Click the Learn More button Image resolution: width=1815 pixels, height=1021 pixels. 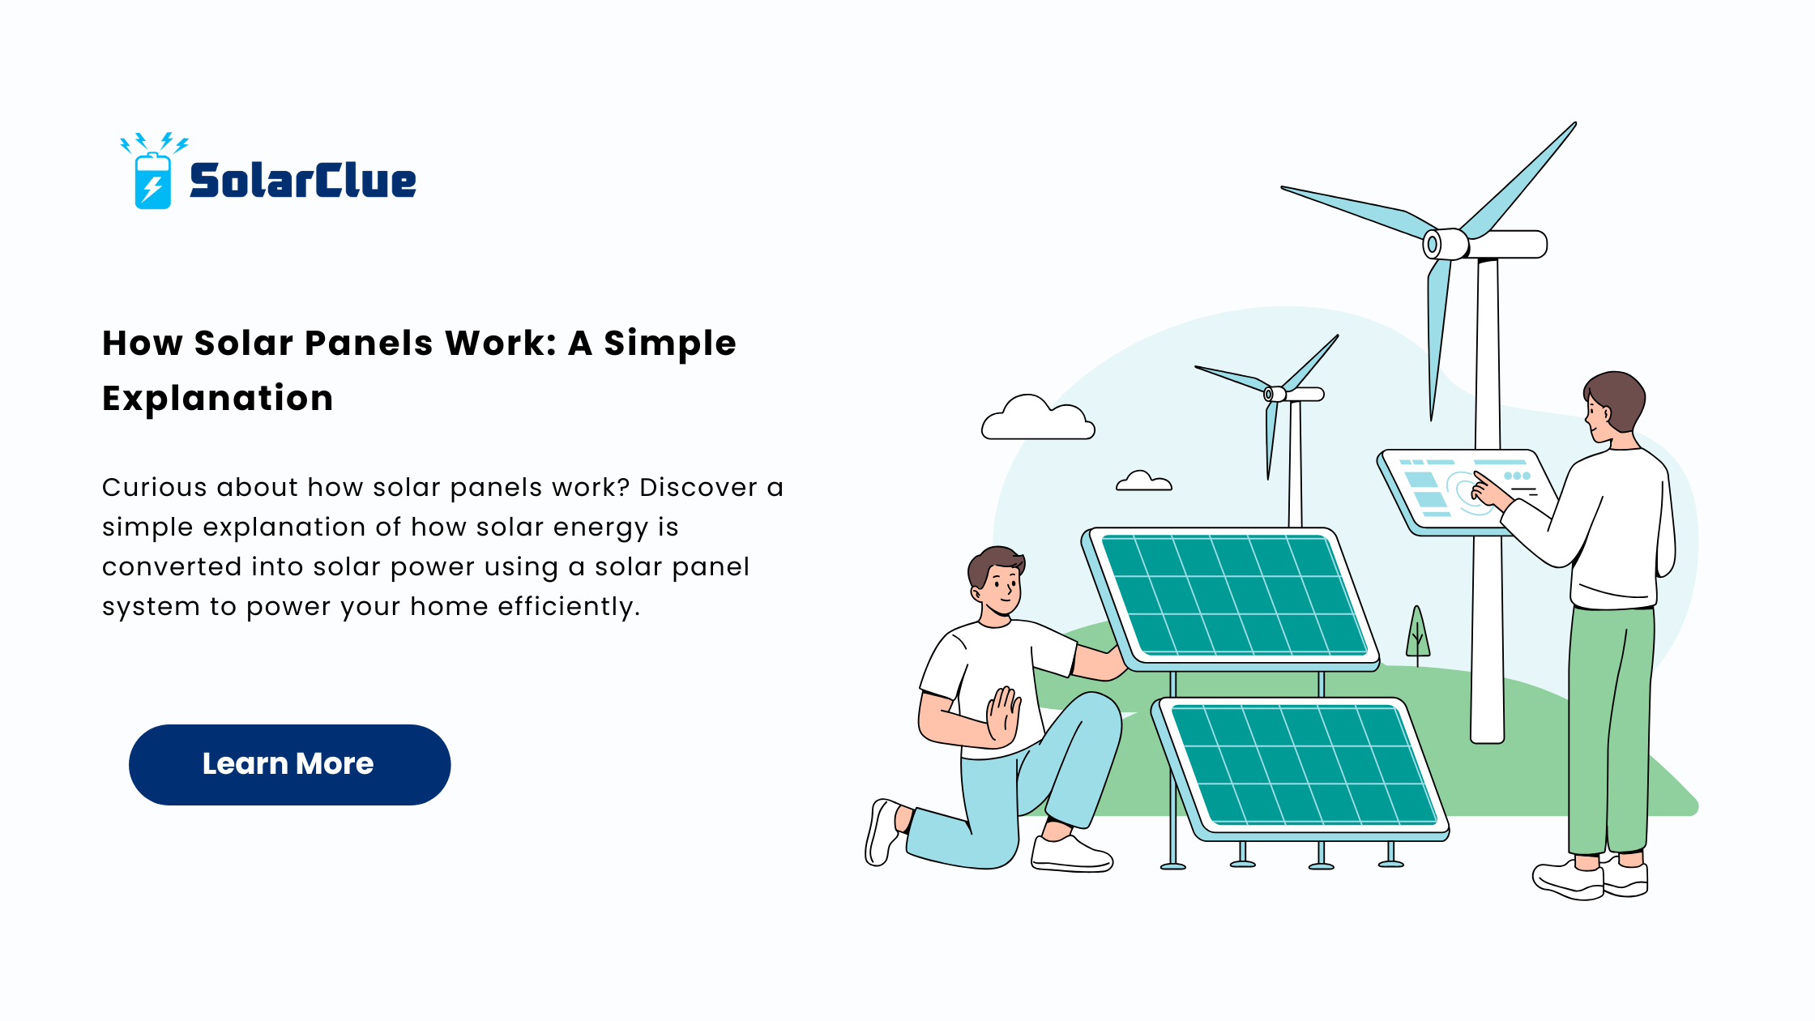pos(289,764)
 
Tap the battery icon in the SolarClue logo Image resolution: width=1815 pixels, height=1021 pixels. pos(152,181)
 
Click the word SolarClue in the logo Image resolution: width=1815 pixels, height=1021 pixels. pos(302,180)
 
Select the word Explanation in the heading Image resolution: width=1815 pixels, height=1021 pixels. pos(217,398)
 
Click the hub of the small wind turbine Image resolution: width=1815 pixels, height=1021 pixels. pos(1275,394)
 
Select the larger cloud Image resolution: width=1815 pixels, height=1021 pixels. pos(1038,417)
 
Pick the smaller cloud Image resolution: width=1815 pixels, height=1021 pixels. pos(1143,481)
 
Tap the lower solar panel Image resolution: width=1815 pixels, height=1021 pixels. pos(1300,768)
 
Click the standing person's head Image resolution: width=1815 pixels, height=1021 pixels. pos(1612,405)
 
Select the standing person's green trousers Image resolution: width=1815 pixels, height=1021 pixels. pos(1611,729)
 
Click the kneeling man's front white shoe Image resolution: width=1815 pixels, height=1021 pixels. pos(1071,853)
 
